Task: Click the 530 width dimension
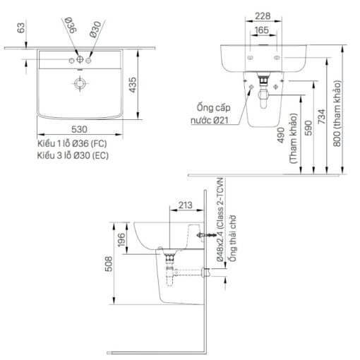click(79, 129)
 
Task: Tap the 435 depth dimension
click(133, 85)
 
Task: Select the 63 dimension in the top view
click(21, 28)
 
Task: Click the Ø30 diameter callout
click(95, 29)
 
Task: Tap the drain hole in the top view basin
click(80, 83)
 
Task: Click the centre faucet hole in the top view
click(80, 59)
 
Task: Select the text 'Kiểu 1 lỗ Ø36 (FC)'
click(72, 143)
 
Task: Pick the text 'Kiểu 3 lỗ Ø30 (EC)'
click(73, 155)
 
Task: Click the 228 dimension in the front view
click(263, 16)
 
